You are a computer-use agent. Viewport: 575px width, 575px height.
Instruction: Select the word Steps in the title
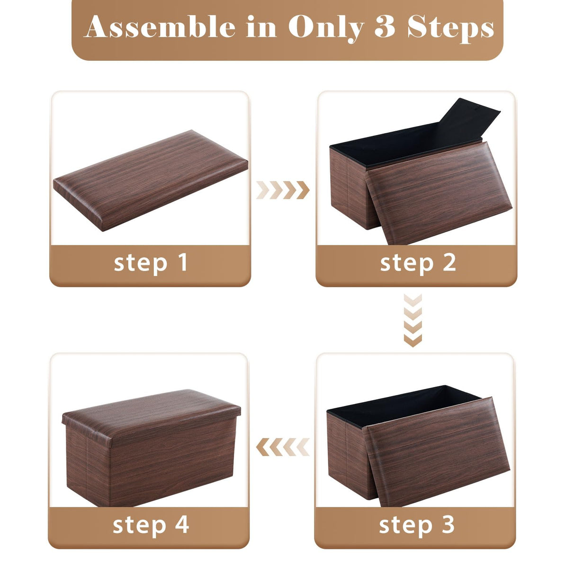(450, 27)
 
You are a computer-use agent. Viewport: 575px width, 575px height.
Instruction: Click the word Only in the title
(326, 28)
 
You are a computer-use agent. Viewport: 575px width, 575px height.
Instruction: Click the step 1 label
(151, 263)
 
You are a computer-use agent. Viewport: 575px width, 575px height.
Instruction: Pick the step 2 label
(418, 263)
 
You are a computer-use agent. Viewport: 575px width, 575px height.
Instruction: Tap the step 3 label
(416, 525)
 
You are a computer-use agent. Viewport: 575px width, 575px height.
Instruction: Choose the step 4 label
(151, 525)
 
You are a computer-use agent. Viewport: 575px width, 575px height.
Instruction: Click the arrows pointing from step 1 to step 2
(283, 190)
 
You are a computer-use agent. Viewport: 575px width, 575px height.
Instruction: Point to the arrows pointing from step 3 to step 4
(283, 447)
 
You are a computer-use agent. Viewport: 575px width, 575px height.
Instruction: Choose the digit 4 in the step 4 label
(182, 525)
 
